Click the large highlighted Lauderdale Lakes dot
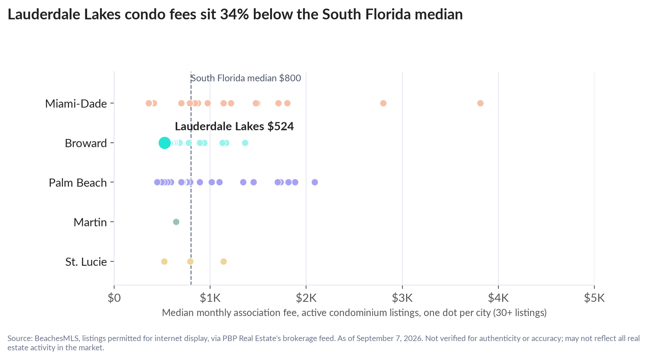click(x=165, y=143)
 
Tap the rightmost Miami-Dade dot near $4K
click(x=480, y=103)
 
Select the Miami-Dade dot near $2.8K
click(x=383, y=103)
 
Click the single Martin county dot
click(x=176, y=222)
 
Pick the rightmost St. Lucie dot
click(x=223, y=261)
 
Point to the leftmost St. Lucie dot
click(x=164, y=261)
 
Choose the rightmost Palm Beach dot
click(x=315, y=182)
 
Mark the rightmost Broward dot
click(x=245, y=143)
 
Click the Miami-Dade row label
click(x=76, y=103)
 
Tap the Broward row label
click(x=86, y=143)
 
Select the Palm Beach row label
click(x=78, y=183)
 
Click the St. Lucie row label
click(x=86, y=262)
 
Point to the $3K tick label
click(x=402, y=298)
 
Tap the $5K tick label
click(x=594, y=298)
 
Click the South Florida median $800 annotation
click(x=246, y=78)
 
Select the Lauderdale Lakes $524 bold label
click(x=234, y=126)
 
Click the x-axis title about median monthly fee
click(x=354, y=313)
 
